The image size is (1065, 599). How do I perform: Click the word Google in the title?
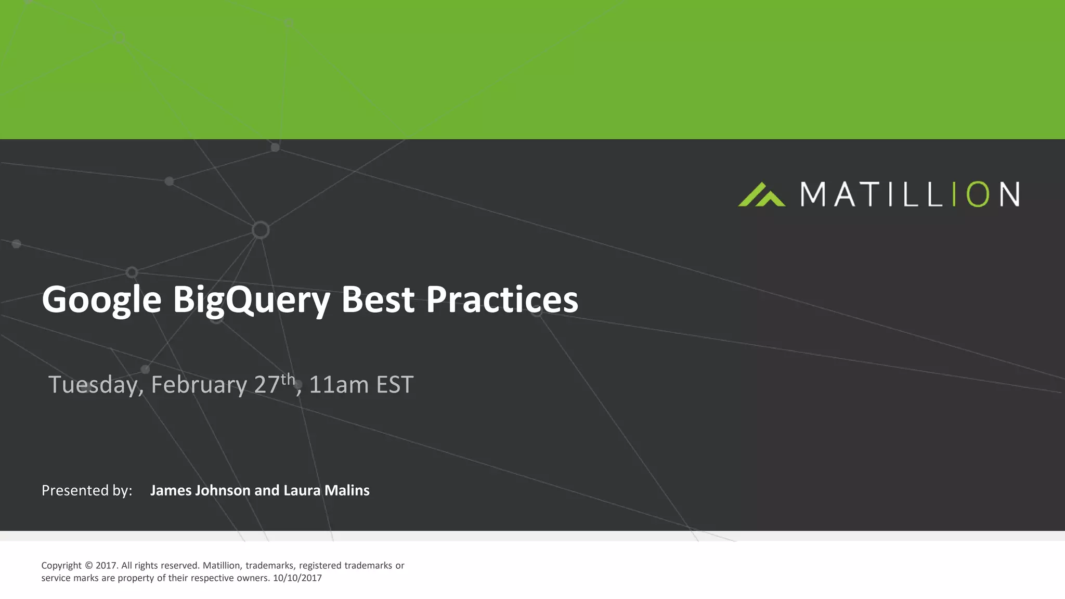click(x=101, y=300)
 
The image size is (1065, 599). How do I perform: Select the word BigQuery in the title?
click(x=251, y=300)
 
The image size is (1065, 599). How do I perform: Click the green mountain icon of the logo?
click(x=761, y=195)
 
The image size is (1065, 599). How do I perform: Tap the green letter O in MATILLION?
click(x=977, y=194)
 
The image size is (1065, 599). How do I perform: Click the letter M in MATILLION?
click(x=813, y=194)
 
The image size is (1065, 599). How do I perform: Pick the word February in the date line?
click(x=199, y=385)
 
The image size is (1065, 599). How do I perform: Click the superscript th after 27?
click(x=288, y=379)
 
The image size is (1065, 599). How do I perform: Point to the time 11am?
click(x=339, y=385)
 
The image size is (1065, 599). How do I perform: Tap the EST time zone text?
click(x=395, y=385)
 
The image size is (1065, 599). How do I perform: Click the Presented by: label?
click(x=87, y=490)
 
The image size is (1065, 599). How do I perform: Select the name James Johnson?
click(x=200, y=490)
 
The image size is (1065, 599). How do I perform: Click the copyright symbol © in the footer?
click(x=88, y=566)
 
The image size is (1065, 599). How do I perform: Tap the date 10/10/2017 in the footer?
click(x=297, y=578)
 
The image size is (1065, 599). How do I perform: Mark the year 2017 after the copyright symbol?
click(x=106, y=566)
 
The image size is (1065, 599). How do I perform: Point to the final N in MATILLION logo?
click(x=1009, y=194)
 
